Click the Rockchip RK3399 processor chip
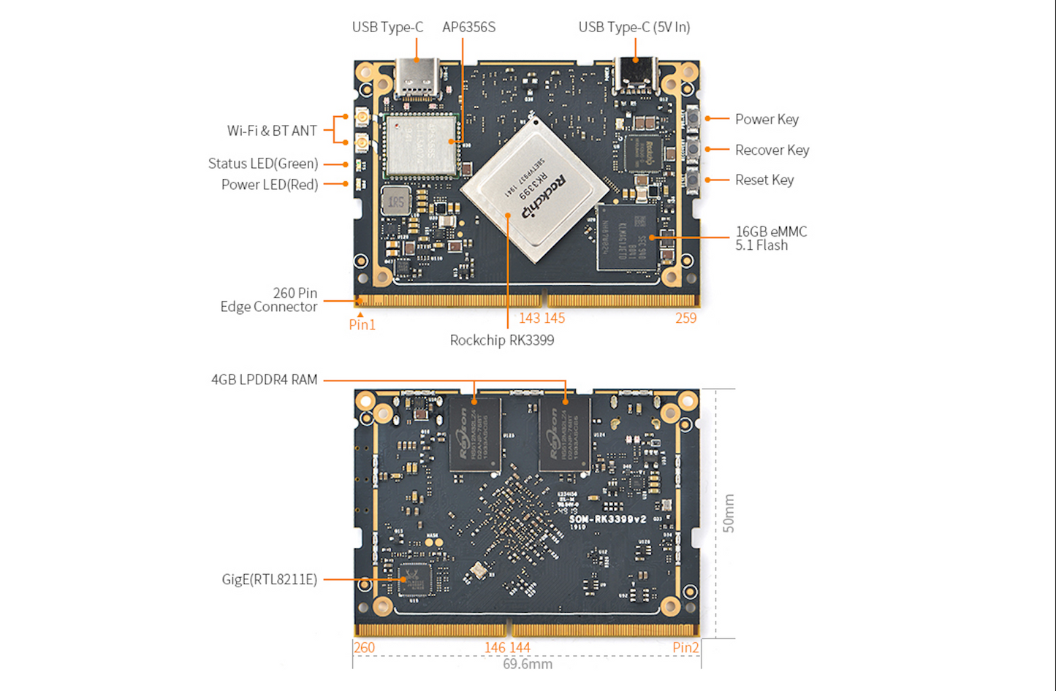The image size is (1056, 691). pos(535,188)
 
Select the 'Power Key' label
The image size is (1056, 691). pos(766,119)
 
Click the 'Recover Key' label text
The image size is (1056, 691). pos(772,150)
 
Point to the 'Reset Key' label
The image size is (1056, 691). pos(764,180)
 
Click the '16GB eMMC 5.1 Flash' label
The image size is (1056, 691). pos(770,238)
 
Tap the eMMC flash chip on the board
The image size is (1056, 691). pos(626,237)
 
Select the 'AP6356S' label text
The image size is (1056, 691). pos(468,27)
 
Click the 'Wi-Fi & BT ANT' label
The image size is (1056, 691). pos(272,131)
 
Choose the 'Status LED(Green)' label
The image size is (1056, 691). pos(262,164)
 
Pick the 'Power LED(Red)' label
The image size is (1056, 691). pos(269,185)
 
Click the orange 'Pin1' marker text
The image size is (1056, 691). pos(362,325)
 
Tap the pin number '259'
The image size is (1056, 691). pos(685,318)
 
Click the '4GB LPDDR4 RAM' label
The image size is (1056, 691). pos(264,380)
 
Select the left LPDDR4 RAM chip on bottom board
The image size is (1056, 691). pos(475,434)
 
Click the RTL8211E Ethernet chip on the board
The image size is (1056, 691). pos(414,579)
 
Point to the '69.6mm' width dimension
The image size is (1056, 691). pos(527,665)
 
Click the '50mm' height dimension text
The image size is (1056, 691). pos(729,514)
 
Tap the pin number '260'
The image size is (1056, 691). pos(364,648)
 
